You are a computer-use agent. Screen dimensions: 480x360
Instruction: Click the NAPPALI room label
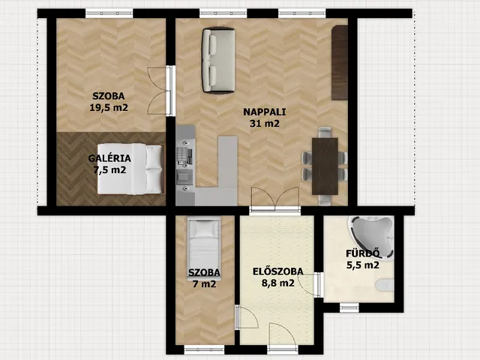tap(265, 112)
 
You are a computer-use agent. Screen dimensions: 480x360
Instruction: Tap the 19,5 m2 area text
tap(109, 107)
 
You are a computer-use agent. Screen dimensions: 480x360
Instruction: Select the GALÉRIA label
tap(109, 158)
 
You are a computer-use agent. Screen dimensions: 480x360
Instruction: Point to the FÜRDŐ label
tap(363, 253)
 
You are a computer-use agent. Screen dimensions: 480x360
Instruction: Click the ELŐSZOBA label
tap(278, 271)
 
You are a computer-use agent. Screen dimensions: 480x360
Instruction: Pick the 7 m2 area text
tap(204, 284)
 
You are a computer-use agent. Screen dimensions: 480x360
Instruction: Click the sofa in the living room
tap(218, 60)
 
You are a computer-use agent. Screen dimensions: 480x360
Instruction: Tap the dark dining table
tap(325, 166)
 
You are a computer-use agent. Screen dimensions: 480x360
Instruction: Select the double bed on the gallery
tap(130, 169)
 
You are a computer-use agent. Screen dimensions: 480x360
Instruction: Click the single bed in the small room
tap(204, 248)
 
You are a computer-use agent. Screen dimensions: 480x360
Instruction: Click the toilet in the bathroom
tap(385, 285)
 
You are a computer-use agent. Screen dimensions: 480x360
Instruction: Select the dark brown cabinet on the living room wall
tap(340, 63)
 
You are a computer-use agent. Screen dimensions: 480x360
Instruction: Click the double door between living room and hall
tap(275, 199)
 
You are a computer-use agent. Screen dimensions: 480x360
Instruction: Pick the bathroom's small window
tap(349, 307)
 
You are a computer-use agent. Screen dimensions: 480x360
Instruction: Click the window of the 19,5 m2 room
tap(109, 13)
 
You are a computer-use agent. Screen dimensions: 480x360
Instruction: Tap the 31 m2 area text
tap(265, 123)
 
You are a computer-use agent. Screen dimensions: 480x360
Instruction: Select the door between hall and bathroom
tap(310, 285)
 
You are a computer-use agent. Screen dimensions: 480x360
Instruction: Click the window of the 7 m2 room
tap(204, 349)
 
